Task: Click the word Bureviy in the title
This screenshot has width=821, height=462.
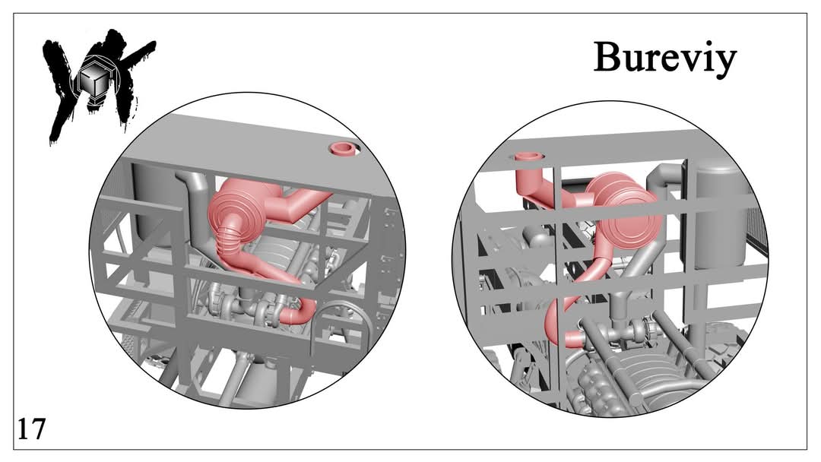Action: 665,59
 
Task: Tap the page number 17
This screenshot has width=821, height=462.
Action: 31,429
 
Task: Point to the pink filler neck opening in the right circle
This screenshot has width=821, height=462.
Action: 528,157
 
